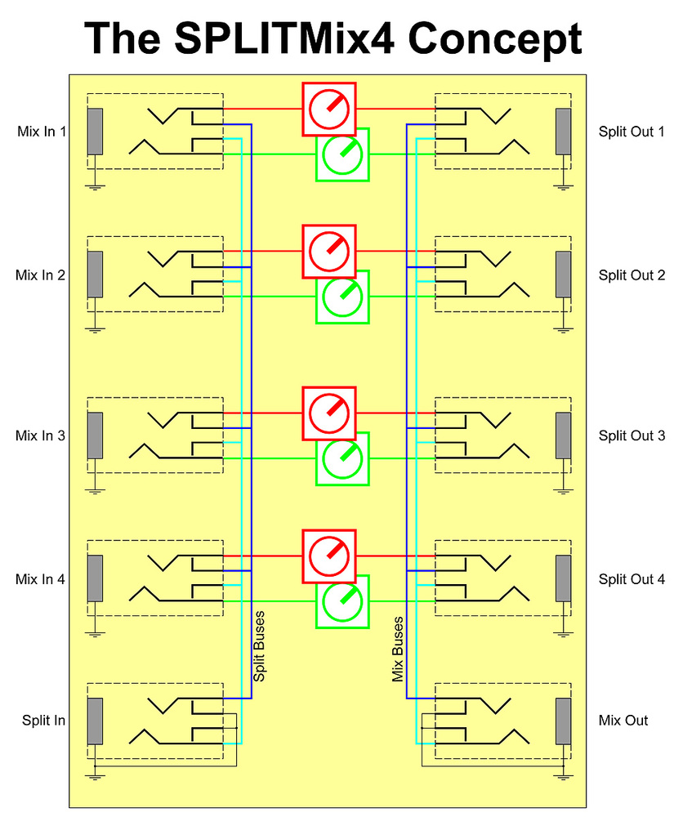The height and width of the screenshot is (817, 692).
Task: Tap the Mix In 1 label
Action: (x=41, y=132)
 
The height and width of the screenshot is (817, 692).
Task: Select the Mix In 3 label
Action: (x=41, y=435)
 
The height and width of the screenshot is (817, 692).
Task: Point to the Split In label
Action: (x=44, y=721)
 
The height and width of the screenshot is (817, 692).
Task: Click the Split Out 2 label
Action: (x=632, y=275)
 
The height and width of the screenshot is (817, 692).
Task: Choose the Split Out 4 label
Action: (x=632, y=580)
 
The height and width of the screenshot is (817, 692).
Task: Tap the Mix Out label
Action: (x=623, y=721)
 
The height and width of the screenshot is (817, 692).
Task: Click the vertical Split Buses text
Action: (x=259, y=645)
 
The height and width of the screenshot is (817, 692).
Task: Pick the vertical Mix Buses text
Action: (x=399, y=649)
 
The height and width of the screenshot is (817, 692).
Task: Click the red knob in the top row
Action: (x=329, y=109)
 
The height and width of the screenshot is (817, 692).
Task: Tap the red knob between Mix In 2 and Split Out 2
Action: (x=329, y=251)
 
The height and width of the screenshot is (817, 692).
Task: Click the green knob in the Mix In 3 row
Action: (x=342, y=459)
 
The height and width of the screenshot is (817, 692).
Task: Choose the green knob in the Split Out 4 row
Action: (x=342, y=602)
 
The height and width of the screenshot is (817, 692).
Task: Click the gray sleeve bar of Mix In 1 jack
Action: (x=95, y=132)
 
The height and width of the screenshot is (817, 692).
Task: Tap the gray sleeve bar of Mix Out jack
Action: (x=563, y=721)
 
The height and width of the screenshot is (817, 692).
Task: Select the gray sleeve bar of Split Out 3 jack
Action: (x=563, y=435)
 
